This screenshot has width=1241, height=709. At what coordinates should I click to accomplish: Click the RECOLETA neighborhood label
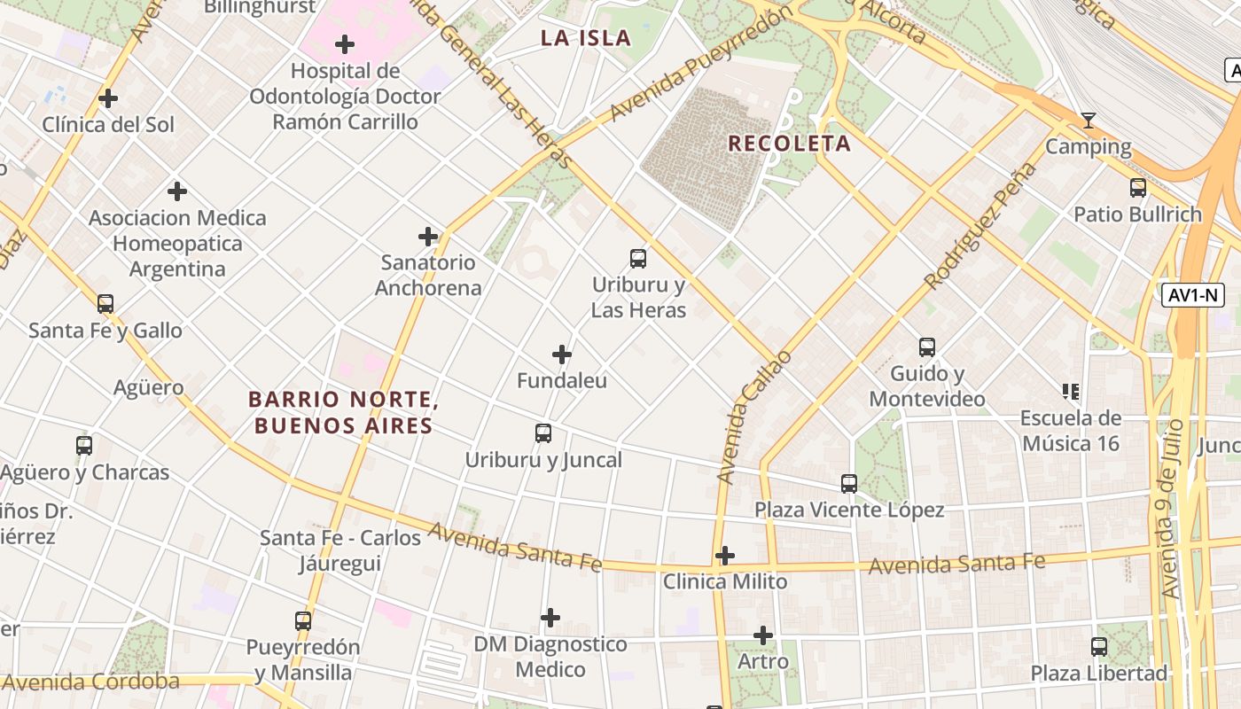click(x=789, y=144)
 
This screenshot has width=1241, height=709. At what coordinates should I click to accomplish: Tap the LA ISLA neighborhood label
click(x=586, y=38)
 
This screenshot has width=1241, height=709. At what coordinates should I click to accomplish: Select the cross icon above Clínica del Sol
click(x=108, y=98)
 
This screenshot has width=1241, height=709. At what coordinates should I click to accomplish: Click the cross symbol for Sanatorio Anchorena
click(x=428, y=237)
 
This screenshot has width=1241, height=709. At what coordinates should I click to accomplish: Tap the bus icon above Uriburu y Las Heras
click(x=638, y=259)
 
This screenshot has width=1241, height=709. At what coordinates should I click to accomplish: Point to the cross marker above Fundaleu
click(x=562, y=354)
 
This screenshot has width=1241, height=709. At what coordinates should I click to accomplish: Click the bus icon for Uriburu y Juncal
click(x=543, y=433)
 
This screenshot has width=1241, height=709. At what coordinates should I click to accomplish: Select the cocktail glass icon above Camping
click(x=1089, y=121)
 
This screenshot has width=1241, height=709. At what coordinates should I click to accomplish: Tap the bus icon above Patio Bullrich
click(x=1138, y=188)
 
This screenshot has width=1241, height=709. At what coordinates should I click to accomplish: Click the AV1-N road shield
click(x=1193, y=295)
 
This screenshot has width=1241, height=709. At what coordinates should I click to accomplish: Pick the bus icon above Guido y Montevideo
click(x=927, y=347)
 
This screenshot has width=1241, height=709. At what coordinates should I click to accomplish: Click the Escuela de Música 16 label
click(x=1071, y=431)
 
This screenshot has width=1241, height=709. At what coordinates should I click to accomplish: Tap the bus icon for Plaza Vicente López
click(x=849, y=484)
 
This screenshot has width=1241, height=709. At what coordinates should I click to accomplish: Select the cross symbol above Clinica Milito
click(x=725, y=556)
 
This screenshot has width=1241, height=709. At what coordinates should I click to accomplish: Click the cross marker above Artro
click(x=763, y=635)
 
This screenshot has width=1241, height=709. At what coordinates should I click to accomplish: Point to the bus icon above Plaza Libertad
click(x=1099, y=647)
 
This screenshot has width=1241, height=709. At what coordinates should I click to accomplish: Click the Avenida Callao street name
click(x=753, y=417)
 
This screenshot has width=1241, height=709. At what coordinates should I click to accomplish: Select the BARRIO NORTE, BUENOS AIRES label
click(x=344, y=413)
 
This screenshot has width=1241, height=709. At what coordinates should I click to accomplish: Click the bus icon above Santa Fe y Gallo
click(x=105, y=304)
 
